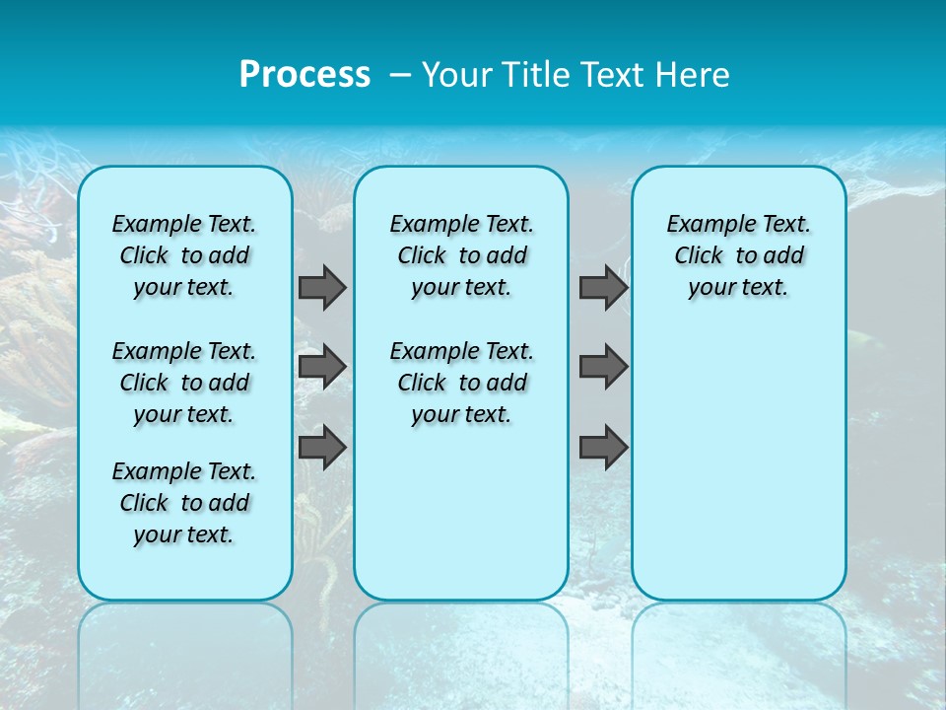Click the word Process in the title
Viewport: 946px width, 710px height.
click(x=304, y=75)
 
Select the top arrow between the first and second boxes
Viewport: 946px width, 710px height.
click(x=322, y=287)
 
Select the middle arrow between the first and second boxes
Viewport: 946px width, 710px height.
click(x=322, y=367)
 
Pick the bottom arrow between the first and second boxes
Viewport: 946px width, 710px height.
click(x=322, y=448)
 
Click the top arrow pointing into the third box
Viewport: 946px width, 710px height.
click(x=603, y=287)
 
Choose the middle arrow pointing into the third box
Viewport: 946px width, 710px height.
click(x=603, y=367)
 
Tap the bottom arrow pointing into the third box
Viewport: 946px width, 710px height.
click(x=603, y=448)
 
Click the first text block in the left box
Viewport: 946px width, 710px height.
click(x=184, y=255)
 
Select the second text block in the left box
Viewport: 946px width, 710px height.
click(x=184, y=383)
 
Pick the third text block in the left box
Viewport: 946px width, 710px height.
click(x=184, y=503)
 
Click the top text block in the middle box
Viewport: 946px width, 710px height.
click(x=461, y=255)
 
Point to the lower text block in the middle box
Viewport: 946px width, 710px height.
click(x=461, y=383)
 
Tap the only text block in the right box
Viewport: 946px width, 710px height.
click(x=738, y=255)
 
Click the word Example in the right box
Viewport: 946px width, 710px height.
click(x=704, y=225)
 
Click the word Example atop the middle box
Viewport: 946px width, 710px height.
click(x=427, y=225)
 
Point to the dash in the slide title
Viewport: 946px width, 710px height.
click(x=401, y=75)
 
